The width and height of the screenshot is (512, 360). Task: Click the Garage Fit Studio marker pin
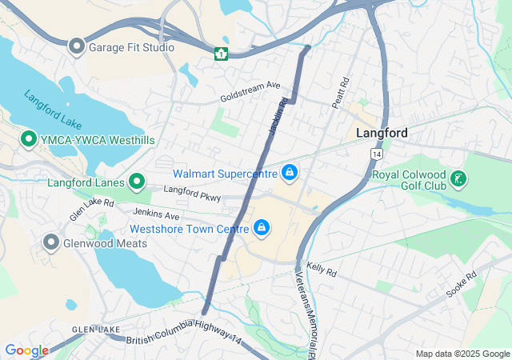(x=77, y=46)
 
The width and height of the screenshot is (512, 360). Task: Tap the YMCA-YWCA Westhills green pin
(x=29, y=139)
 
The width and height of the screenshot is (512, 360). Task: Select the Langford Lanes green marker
(x=136, y=182)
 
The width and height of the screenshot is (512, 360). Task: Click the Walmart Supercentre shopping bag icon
(x=289, y=172)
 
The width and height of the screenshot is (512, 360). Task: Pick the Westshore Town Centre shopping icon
(x=261, y=229)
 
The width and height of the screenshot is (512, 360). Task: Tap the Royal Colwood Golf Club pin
(x=457, y=178)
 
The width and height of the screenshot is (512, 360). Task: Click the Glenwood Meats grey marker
(x=52, y=242)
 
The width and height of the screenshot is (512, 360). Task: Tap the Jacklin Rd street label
(x=278, y=117)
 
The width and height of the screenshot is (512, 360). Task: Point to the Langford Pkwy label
(x=192, y=193)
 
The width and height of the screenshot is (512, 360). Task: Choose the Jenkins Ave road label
(x=157, y=214)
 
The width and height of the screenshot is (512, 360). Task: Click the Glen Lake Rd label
(x=91, y=210)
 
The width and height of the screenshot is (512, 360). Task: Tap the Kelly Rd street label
(x=322, y=272)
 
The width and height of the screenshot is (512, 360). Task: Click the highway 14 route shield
(x=374, y=152)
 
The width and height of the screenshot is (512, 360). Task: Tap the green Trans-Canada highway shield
(x=221, y=54)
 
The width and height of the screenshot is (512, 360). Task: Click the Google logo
(x=26, y=350)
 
